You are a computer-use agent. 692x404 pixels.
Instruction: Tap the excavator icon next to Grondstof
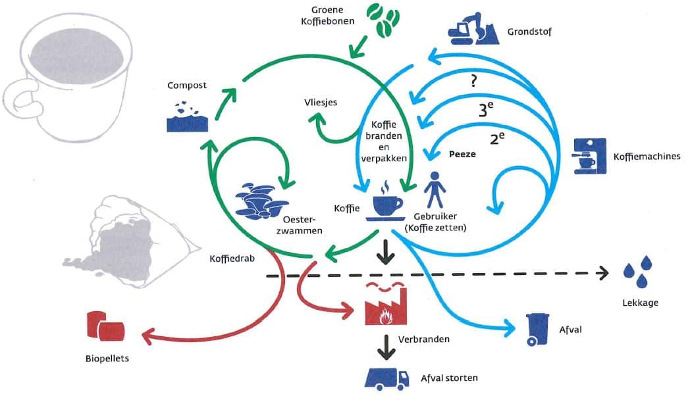click(473, 30)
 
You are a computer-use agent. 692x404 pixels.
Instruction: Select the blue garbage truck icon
click(387, 378)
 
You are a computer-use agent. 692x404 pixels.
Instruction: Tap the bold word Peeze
click(461, 153)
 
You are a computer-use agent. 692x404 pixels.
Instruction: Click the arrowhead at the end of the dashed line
click(603, 274)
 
